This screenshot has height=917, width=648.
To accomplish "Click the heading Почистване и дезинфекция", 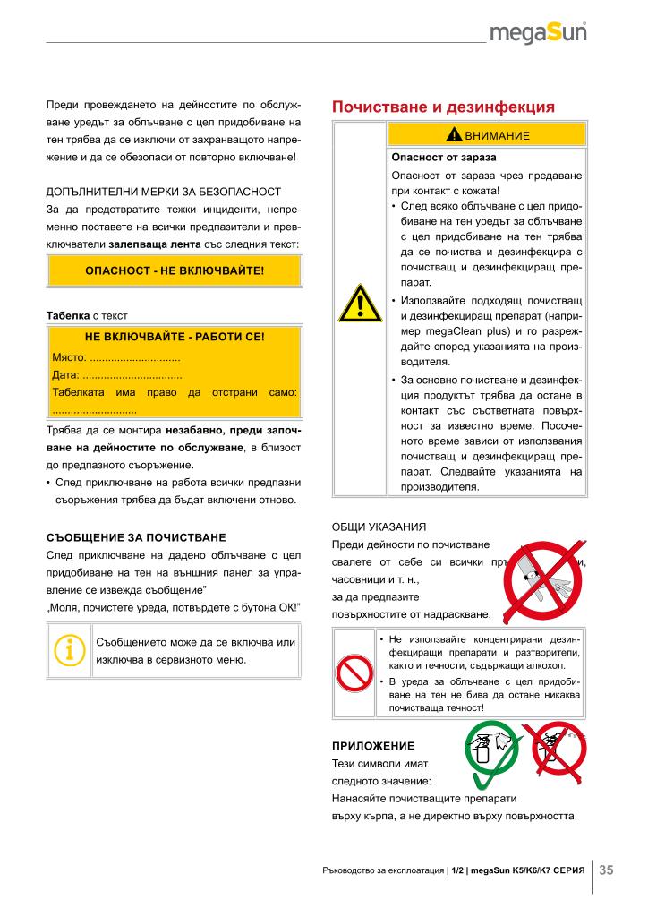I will (443, 107).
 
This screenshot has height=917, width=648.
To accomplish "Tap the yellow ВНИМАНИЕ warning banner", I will (489, 135).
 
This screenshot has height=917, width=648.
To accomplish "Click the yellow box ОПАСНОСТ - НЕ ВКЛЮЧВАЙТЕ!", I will (175, 270).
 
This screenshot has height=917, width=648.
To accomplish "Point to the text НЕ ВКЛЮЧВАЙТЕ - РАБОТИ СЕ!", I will (175, 338).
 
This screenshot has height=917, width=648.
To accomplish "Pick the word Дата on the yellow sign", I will (66, 374).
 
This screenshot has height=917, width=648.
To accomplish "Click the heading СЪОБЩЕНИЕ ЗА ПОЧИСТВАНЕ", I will (136, 538).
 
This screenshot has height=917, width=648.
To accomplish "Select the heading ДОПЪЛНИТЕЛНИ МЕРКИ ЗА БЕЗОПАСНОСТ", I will (164, 192).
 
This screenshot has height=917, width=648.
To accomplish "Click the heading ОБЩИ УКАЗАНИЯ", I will (378, 526).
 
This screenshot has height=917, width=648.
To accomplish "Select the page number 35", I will (606, 870).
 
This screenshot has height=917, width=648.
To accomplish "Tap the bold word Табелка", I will (67, 315).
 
